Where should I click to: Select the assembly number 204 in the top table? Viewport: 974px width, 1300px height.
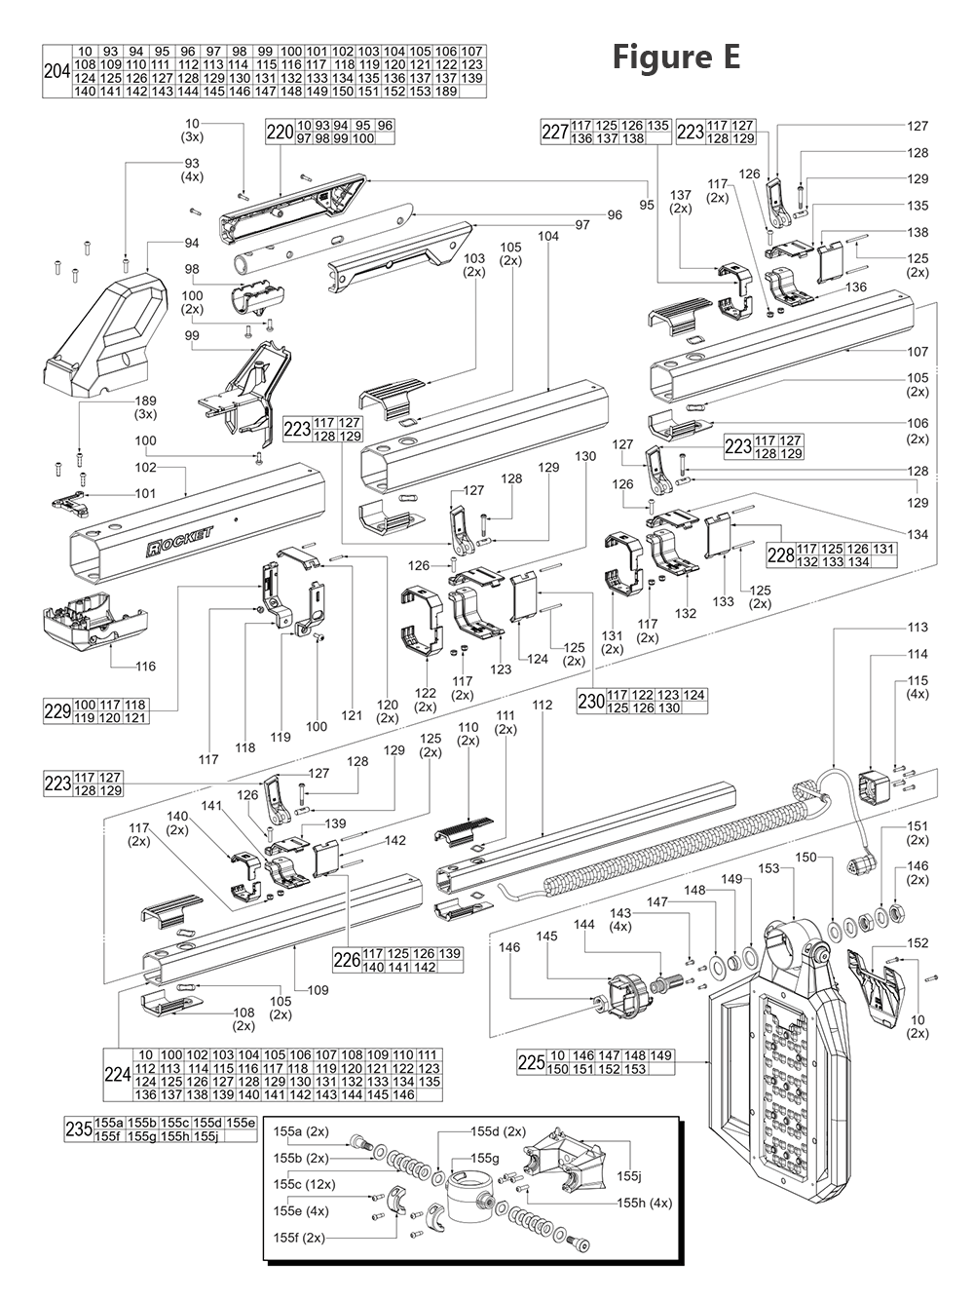pyautogui.click(x=56, y=71)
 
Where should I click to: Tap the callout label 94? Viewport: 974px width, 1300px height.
pyautogui.click(x=192, y=243)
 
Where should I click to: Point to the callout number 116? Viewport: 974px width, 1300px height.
pyautogui.click(x=145, y=667)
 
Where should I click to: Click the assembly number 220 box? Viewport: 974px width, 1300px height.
pyautogui.click(x=280, y=133)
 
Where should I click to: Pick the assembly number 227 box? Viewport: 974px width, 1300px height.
pyautogui.click(x=555, y=133)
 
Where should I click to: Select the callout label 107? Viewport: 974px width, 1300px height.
pyautogui.click(x=918, y=352)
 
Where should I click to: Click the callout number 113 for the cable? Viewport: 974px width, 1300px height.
pyautogui.click(x=918, y=628)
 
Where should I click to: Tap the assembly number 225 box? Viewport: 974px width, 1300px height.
pyautogui.click(x=532, y=1063)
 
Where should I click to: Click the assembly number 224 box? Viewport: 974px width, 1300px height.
pyautogui.click(x=117, y=1076)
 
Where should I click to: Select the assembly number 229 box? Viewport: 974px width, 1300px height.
pyautogui.click(x=57, y=710)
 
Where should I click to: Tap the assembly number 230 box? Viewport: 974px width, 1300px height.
pyautogui.click(x=590, y=702)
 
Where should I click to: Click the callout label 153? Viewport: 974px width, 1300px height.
pyautogui.click(x=768, y=868)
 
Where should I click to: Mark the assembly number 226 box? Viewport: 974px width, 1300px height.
pyautogui.click(x=347, y=960)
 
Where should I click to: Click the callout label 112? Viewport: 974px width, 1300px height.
pyautogui.click(x=543, y=705)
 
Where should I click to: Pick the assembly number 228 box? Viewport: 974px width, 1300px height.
pyautogui.click(x=781, y=554)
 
